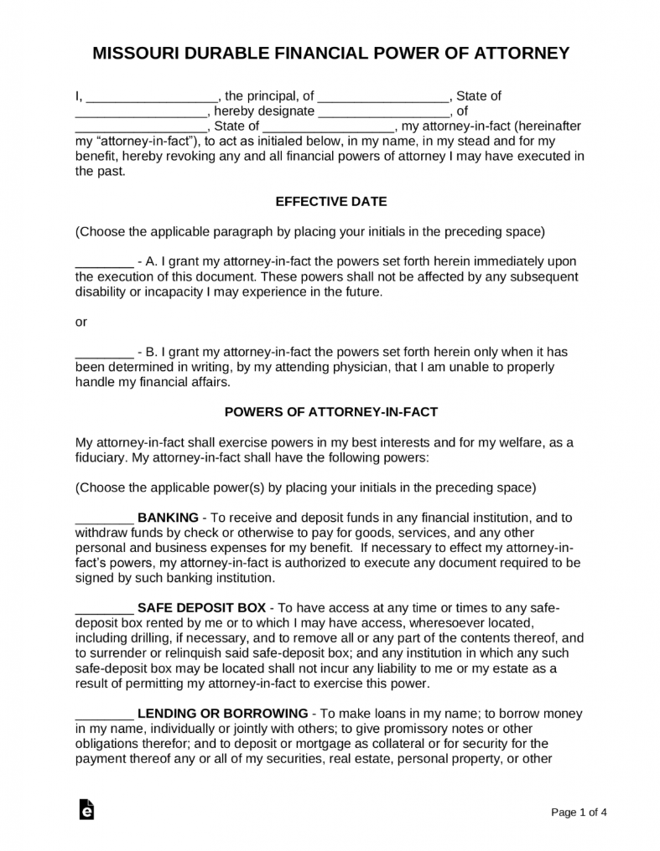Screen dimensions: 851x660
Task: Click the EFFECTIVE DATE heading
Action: pos(330,201)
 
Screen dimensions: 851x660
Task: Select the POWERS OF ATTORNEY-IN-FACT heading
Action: pos(330,412)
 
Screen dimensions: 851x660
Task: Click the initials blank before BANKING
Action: pos(104,518)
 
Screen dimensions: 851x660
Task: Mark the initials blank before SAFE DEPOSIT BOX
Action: pos(104,608)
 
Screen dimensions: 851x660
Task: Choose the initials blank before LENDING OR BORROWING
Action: pos(104,714)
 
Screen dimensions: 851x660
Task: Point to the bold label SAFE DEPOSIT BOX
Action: pos(201,607)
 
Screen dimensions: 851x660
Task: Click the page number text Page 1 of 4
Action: pos(579,812)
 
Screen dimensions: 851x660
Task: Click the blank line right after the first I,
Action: pos(152,96)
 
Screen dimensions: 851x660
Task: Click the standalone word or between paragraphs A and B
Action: pos(81,322)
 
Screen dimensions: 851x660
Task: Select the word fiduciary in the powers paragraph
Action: pos(102,457)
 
